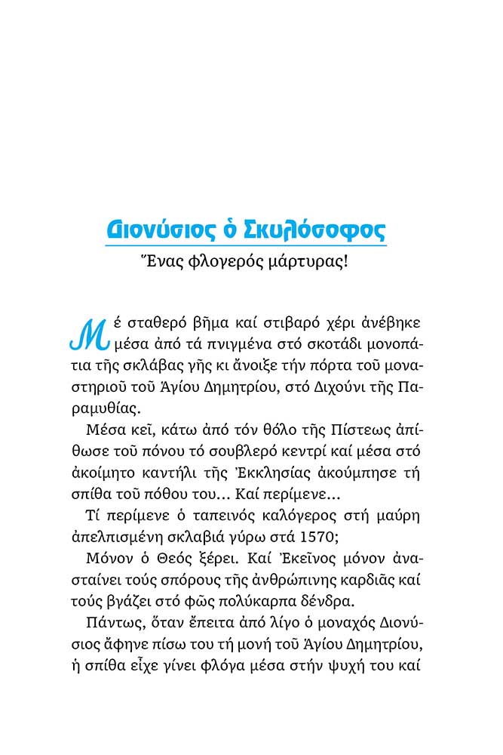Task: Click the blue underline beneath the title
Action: tap(244, 245)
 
